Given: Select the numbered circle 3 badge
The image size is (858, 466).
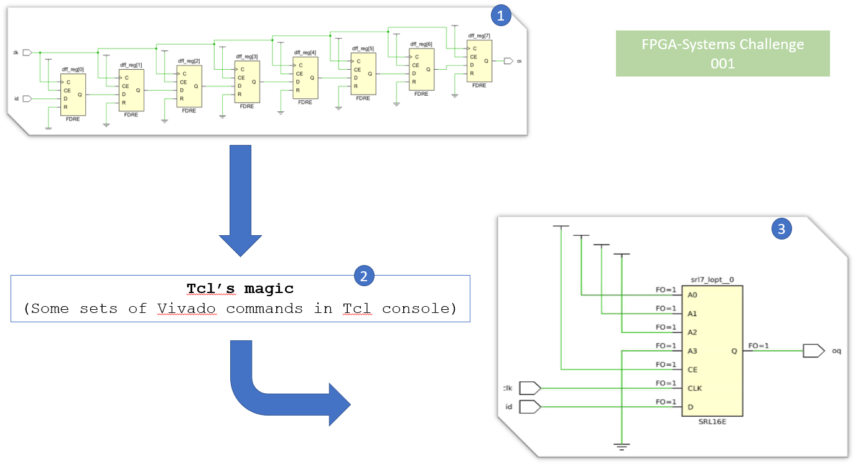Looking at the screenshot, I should pyautogui.click(x=781, y=230).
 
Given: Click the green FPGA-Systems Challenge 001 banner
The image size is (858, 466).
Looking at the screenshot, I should pyautogui.click(x=722, y=54).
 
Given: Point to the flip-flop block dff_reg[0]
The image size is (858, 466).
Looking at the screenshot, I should pyautogui.click(x=73, y=95).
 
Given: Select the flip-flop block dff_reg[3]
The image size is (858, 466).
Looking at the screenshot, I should pyautogui.click(x=248, y=82).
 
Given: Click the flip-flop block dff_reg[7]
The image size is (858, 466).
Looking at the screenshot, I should pyautogui.click(x=479, y=61).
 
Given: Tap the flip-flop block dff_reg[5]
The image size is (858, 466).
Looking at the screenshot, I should pyautogui.click(x=363, y=73).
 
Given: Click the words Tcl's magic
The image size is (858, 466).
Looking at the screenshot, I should pyautogui.click(x=240, y=289).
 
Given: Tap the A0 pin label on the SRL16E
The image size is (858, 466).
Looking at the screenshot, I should pyautogui.click(x=692, y=295).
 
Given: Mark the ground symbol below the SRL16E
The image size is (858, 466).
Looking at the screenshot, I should pyautogui.click(x=622, y=446).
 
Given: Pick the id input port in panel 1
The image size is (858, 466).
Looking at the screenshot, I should pyautogui.click(x=27, y=98).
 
